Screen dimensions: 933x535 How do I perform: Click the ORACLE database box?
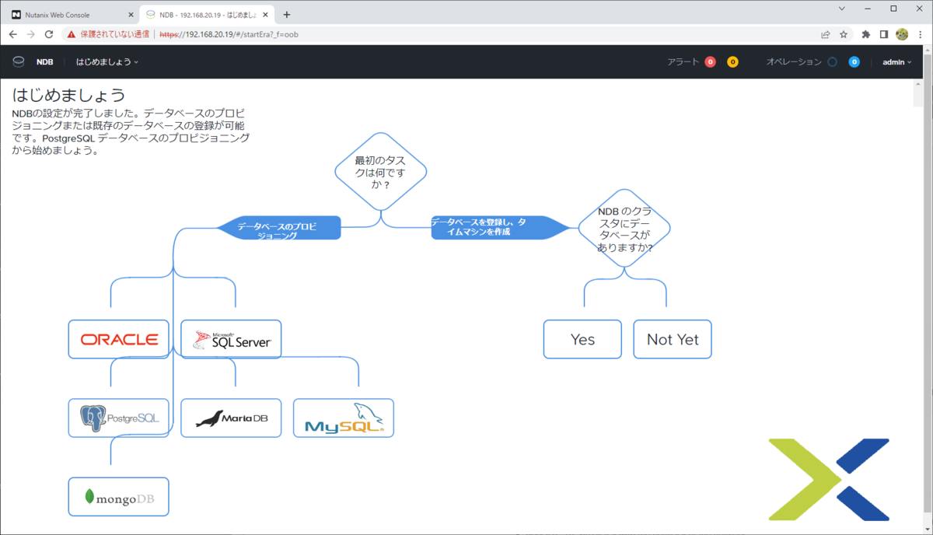119,339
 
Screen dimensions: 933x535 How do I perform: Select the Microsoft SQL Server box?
231,339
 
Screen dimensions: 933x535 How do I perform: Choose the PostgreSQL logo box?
119,418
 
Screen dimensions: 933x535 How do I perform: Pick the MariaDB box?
231,418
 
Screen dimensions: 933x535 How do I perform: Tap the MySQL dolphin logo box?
344,418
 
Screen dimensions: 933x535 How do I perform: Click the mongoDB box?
119,497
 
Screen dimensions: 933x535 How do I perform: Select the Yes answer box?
582,339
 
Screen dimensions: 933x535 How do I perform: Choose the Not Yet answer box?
673,339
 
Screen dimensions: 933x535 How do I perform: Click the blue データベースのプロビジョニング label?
278,228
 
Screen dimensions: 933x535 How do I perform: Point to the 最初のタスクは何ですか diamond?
381,172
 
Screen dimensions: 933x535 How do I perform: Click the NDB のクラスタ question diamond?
624,229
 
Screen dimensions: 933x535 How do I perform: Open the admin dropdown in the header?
896,62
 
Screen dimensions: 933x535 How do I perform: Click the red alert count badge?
710,62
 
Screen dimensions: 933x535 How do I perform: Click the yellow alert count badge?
732,62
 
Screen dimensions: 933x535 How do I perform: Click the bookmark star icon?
844,34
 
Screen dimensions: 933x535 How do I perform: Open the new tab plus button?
287,15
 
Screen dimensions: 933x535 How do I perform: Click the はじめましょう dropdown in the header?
107,62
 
